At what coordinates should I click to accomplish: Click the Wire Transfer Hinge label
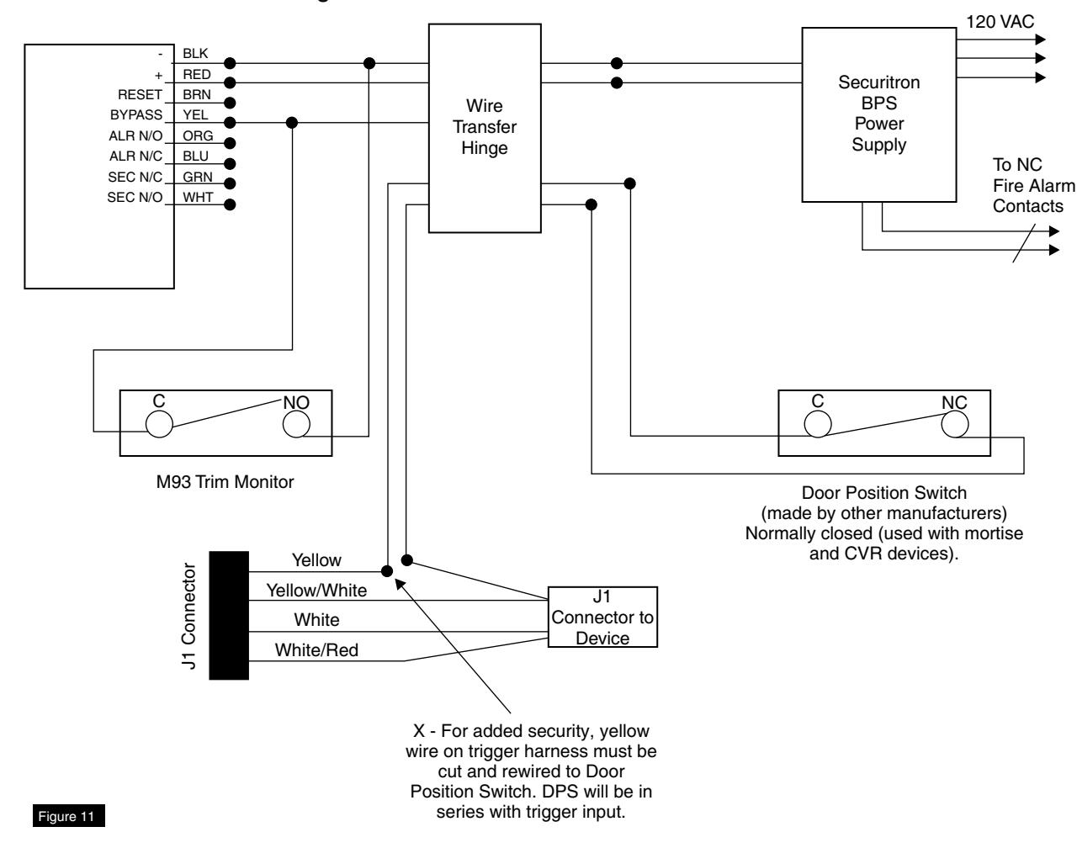pyautogui.click(x=484, y=127)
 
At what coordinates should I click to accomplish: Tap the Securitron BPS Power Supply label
pyautogui.click(x=878, y=113)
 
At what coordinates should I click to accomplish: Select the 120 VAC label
pyautogui.click(x=1000, y=22)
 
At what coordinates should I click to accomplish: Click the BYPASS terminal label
pyautogui.click(x=136, y=114)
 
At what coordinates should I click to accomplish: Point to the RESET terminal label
pyautogui.click(x=140, y=94)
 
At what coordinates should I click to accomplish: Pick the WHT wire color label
pyautogui.click(x=198, y=197)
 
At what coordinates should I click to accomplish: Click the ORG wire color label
pyautogui.click(x=198, y=135)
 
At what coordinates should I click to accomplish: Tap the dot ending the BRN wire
pyautogui.click(x=230, y=103)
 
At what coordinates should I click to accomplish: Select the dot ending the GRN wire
pyautogui.click(x=230, y=183)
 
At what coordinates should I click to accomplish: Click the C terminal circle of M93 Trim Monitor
pyautogui.click(x=159, y=424)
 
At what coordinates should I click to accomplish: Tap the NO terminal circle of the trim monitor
pyautogui.click(x=296, y=424)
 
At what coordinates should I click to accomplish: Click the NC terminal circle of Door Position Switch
pyautogui.click(x=954, y=424)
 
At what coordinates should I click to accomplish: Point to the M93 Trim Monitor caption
pyautogui.click(x=225, y=481)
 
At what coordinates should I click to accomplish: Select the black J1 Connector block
pyautogui.click(x=229, y=615)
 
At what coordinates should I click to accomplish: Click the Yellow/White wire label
pyautogui.click(x=316, y=591)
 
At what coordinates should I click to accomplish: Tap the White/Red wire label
pyautogui.click(x=316, y=649)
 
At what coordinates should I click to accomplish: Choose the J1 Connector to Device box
pyautogui.click(x=602, y=617)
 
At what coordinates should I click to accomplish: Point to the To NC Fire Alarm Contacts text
pyautogui.click(x=1033, y=185)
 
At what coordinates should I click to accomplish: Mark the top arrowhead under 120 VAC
pyautogui.click(x=1041, y=39)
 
